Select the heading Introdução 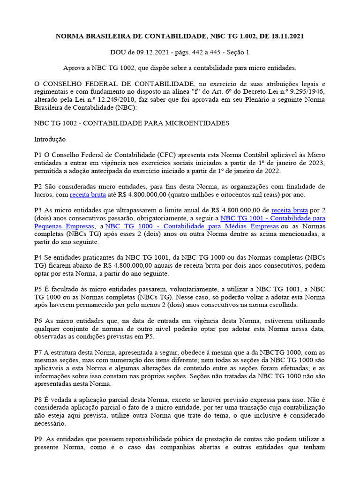50,139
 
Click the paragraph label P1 38,155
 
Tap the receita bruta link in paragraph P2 88,195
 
